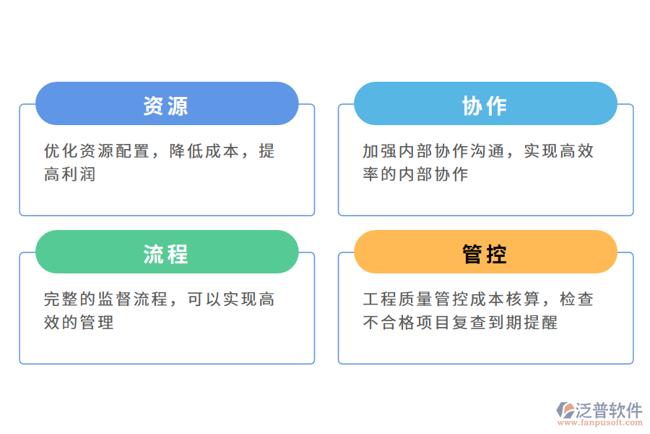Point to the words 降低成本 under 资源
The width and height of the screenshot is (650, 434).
pos(204,151)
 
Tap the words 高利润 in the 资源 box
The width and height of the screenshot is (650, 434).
pos(70,174)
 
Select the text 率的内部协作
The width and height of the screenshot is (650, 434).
pos(415,174)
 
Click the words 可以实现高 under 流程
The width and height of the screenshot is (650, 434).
pos(230,299)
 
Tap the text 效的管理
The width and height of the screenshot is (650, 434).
pos(79,323)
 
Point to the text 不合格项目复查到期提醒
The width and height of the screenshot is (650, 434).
pos(460,323)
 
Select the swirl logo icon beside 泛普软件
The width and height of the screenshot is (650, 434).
pos(564,410)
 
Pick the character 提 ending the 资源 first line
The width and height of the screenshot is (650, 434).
pos(266,151)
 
